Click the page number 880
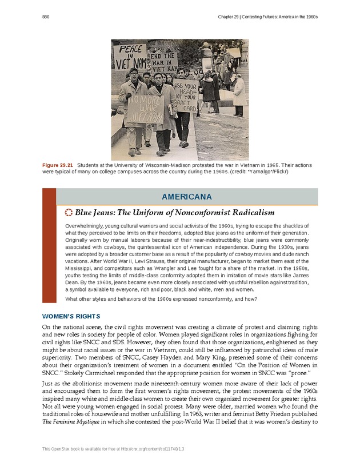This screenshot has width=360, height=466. [46, 17]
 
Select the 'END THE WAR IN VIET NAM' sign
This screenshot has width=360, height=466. [163, 63]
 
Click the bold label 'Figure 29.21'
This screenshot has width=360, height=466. [58, 165]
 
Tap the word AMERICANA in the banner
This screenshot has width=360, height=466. [186, 197]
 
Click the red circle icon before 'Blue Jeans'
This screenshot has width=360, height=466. [70, 213]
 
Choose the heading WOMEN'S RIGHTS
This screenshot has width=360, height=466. [71, 316]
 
